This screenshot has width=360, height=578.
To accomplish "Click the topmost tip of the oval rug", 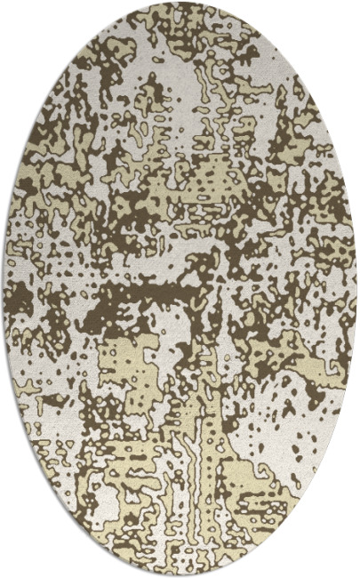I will [180, 2].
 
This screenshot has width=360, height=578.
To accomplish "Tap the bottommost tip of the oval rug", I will [180, 575].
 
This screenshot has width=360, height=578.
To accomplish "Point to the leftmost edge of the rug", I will [4, 289].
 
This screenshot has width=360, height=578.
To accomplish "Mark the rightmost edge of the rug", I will [356, 289].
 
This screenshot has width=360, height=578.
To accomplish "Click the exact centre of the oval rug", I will [180, 289].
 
